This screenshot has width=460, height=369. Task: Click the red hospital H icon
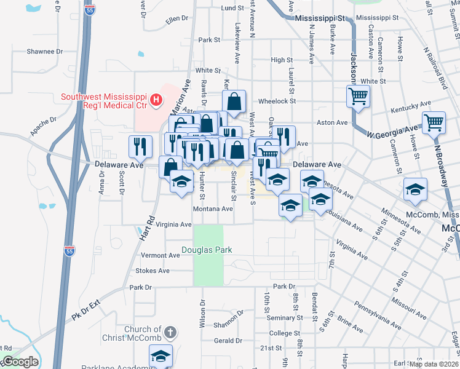tap(157, 98)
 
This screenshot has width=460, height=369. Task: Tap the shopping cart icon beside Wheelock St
tap(358, 95)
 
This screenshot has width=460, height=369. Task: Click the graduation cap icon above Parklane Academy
tap(161, 355)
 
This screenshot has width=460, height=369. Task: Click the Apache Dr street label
tap(42, 127)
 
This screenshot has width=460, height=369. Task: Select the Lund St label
tap(233, 8)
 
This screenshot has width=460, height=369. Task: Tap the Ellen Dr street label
tap(177, 19)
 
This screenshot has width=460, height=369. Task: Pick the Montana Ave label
tap(213, 209)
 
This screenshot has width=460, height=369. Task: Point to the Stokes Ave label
tap(153, 271)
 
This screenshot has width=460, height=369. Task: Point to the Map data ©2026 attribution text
tap(434, 364)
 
